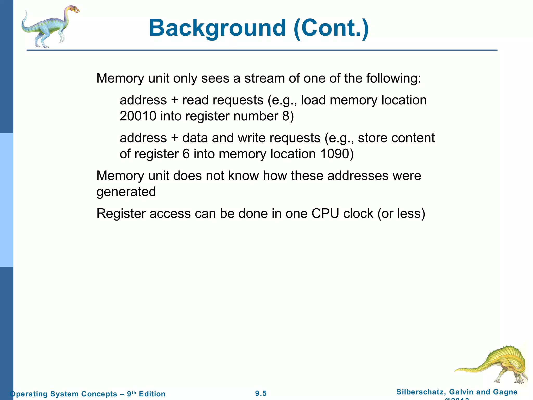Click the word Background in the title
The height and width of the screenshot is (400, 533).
tap(217, 28)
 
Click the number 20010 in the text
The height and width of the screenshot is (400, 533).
tap(138, 116)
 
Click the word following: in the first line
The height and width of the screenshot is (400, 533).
tap(394, 79)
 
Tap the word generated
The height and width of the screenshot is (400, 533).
tap(126, 192)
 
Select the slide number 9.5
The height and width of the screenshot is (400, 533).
tap(261, 393)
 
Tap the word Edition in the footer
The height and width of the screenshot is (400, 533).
tap(152, 394)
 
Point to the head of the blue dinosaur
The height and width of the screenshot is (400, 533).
tap(73, 10)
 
